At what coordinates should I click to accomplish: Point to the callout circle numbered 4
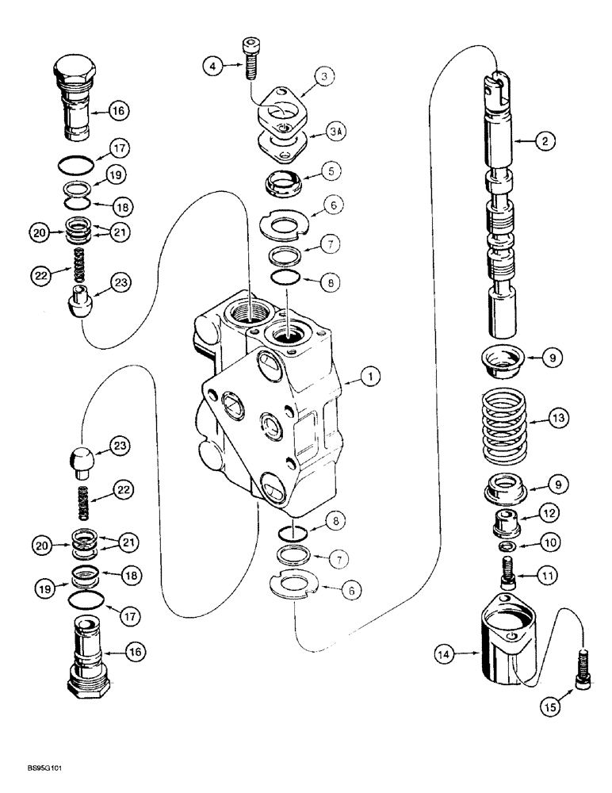211,67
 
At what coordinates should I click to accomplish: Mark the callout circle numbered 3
323,77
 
